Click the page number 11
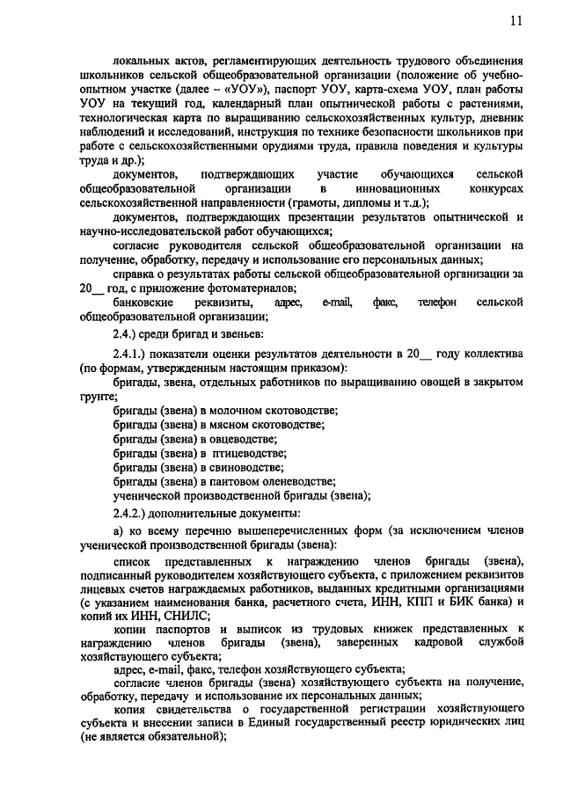click(515, 20)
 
